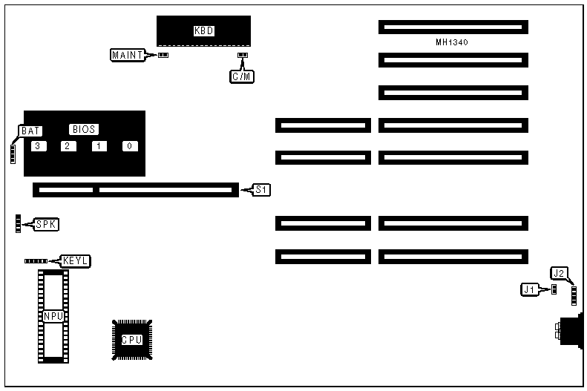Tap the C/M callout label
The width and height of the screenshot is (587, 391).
pos(241,75)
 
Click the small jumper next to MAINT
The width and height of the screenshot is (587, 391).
pos(163,55)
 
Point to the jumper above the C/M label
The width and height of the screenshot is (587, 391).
pos(241,55)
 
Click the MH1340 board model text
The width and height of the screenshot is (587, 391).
pos(451,42)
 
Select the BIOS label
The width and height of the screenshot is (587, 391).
pos(84,128)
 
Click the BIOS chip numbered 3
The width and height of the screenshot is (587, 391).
pos(36,145)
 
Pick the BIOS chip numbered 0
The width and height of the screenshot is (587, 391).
pos(130,145)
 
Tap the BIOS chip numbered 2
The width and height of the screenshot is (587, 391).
pos(68,145)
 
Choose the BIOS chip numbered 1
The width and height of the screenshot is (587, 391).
pos(99,145)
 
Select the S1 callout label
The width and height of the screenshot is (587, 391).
pos(261,190)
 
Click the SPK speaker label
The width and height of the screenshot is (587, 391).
pos(46,223)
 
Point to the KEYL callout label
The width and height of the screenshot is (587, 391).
pos(76,260)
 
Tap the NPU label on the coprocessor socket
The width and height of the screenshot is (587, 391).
pos(53,316)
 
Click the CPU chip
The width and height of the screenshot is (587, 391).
pos(131,339)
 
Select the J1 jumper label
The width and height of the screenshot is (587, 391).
pos(529,289)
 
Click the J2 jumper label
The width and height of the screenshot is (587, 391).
pos(559,273)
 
